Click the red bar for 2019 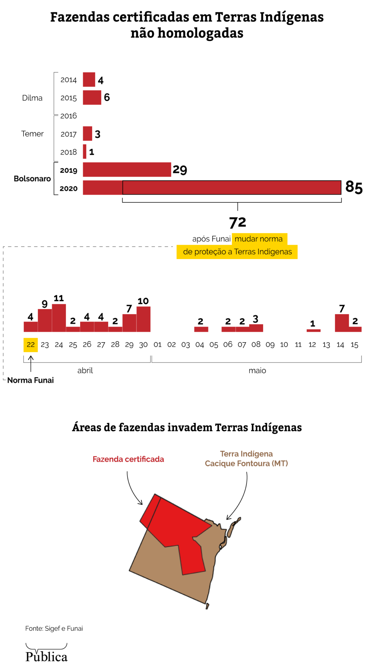(127, 169)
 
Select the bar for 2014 (89, 79)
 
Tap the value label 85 (354, 187)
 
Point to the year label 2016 (68, 116)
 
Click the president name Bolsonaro (32, 179)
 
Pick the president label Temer (32, 134)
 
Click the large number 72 (237, 222)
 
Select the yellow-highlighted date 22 (31, 345)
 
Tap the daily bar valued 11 (59, 318)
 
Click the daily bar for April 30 (144, 319)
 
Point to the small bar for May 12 (313, 330)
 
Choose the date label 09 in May (270, 345)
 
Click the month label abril (85, 371)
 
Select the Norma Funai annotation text (30, 380)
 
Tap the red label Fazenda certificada (128, 459)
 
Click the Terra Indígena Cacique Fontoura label (246, 459)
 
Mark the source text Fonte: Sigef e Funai (54, 628)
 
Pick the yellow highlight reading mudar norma (259, 239)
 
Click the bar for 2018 (85, 151)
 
